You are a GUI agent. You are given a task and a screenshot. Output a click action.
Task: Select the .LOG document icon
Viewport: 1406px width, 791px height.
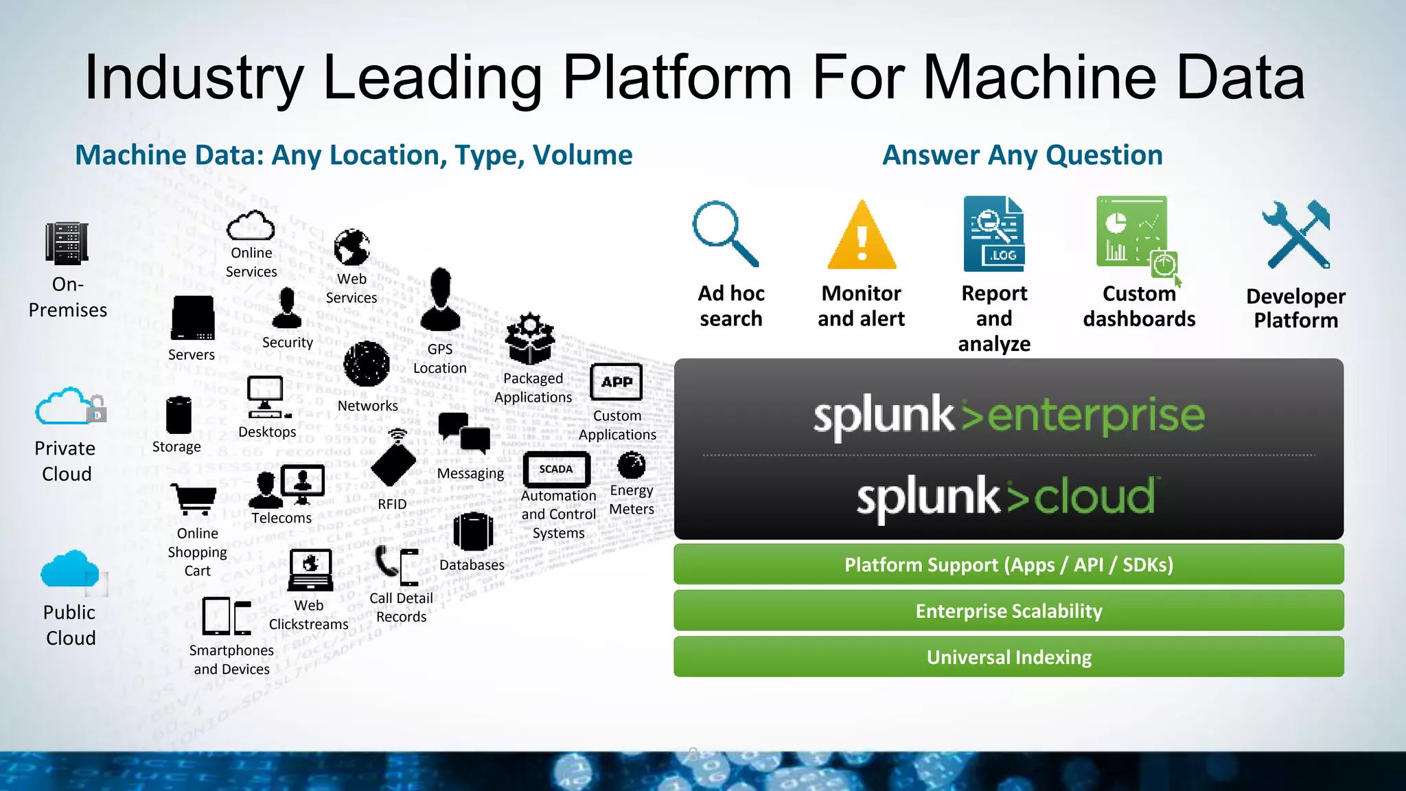click(x=993, y=233)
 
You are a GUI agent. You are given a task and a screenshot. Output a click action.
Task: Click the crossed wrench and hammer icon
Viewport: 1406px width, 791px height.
click(x=1296, y=235)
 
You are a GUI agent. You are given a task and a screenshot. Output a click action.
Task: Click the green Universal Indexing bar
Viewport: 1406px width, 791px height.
click(x=1009, y=657)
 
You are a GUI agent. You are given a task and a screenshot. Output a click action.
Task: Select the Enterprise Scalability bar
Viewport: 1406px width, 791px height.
click(x=1009, y=610)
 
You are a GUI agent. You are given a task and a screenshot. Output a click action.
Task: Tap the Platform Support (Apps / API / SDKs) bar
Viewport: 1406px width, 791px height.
click(x=1009, y=564)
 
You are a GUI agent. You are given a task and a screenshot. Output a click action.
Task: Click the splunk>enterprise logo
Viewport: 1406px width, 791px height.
click(x=1009, y=415)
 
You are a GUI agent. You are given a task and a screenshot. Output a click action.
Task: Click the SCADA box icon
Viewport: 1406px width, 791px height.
click(x=556, y=470)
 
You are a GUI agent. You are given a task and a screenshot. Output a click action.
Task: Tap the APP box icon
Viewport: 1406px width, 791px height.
click(x=616, y=382)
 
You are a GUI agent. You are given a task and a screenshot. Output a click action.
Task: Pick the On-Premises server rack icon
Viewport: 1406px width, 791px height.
click(x=67, y=244)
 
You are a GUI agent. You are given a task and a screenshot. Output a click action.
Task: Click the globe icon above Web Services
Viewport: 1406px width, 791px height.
click(x=351, y=248)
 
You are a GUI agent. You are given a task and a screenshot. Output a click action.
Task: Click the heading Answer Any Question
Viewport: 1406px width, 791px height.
click(x=1022, y=155)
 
